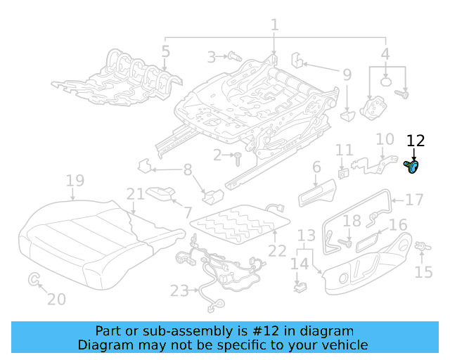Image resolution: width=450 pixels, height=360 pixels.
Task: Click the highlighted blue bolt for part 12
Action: [x=413, y=167]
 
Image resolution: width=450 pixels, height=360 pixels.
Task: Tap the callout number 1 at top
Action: [x=274, y=25]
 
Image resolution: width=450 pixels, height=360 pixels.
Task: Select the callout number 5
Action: [x=165, y=51]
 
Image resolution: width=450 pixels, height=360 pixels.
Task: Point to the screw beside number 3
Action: [x=234, y=56]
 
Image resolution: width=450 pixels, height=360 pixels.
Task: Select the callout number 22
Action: [x=278, y=250]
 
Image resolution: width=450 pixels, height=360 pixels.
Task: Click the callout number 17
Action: [x=415, y=200]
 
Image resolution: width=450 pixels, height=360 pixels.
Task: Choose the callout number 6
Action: [x=316, y=167]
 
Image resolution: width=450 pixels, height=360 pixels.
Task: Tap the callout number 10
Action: [x=385, y=140]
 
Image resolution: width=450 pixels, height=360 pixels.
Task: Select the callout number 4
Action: [x=385, y=53]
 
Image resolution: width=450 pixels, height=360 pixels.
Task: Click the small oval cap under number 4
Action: [x=386, y=81]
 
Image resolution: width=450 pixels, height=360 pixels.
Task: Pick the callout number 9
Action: [x=347, y=74]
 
